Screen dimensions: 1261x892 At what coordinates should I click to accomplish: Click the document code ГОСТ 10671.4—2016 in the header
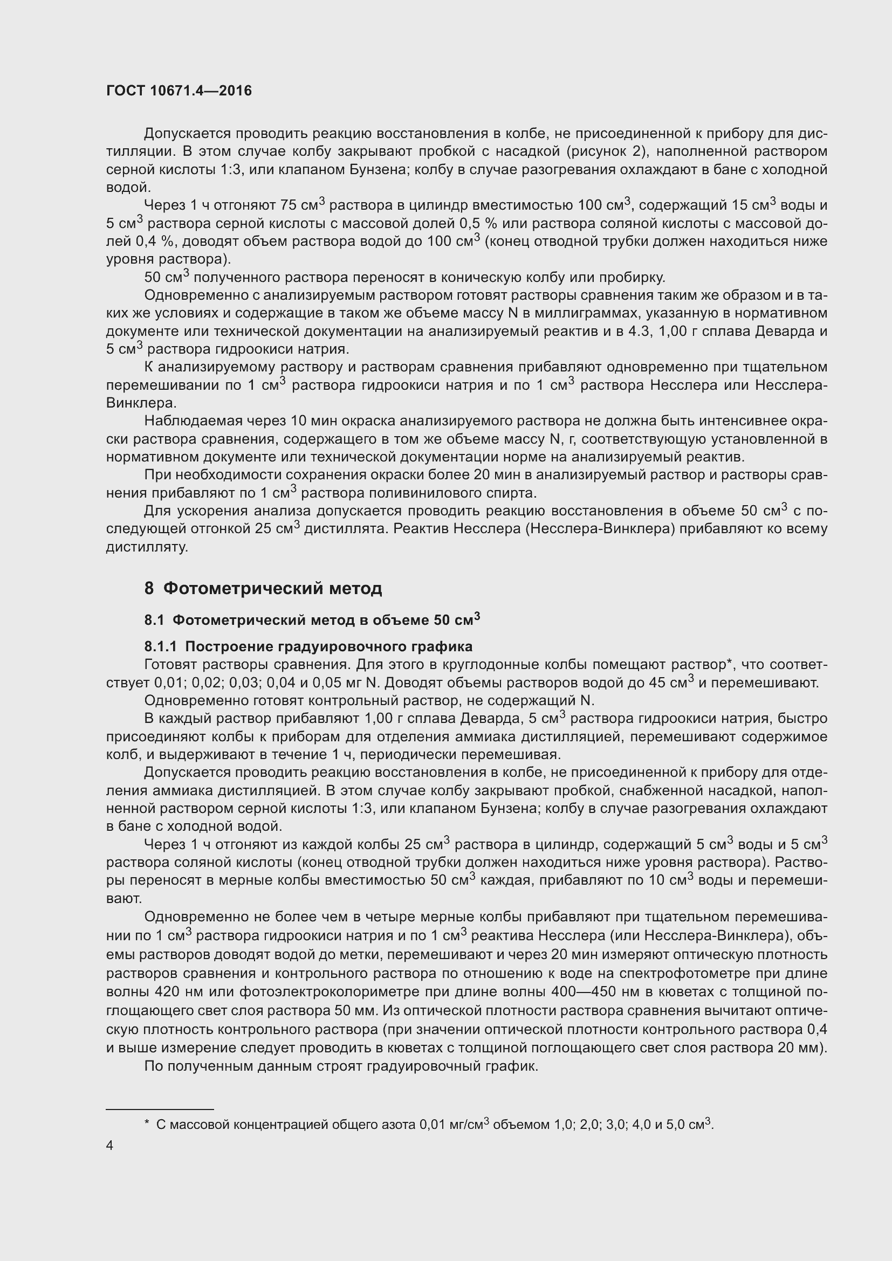(179, 91)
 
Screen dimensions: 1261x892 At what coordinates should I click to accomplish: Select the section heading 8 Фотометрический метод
(263, 589)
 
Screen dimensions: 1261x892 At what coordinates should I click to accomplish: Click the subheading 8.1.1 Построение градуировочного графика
(308, 646)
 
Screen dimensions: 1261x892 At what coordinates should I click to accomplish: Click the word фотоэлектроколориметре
(328, 992)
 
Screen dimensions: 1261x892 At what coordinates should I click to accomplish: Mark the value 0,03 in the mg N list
(244, 683)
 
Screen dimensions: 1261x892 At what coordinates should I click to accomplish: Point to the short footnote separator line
(159, 1110)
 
